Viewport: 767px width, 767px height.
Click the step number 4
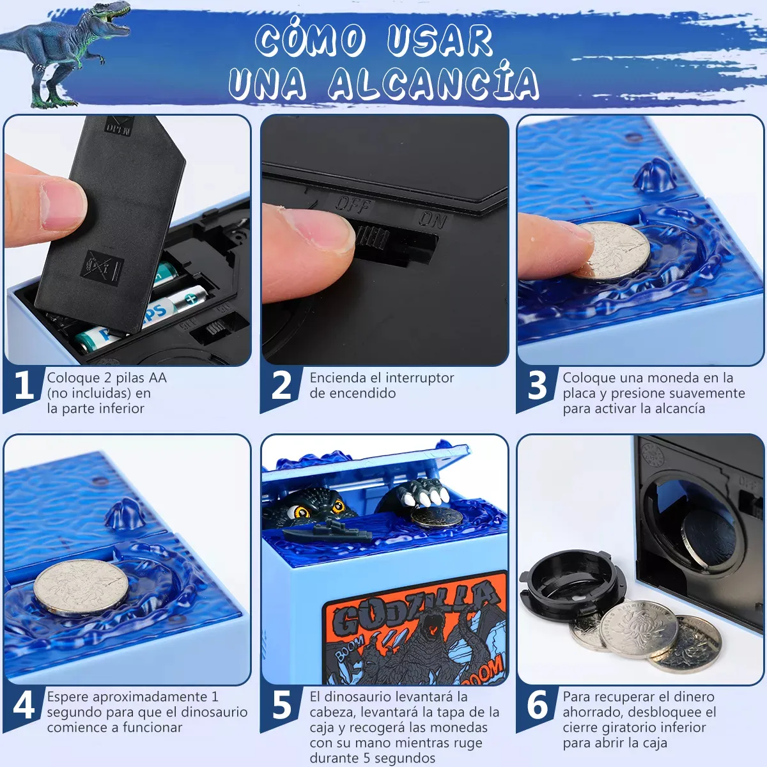coord(24,704)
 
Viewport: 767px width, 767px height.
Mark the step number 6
coord(538,704)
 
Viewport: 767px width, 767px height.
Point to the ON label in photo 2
coord(433,219)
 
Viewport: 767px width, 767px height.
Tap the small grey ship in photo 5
coord(328,531)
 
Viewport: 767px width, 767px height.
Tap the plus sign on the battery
coord(191,298)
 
